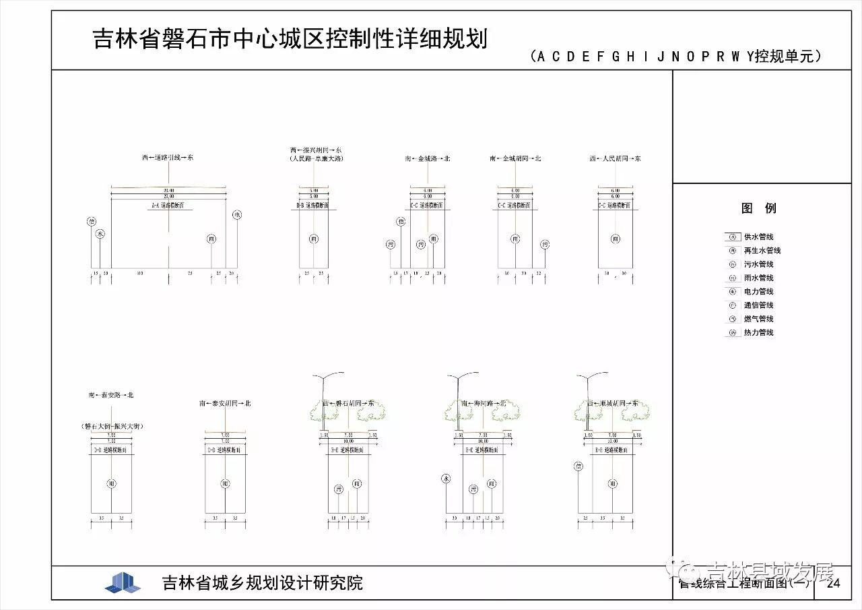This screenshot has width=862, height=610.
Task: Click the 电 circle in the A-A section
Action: (x=237, y=215)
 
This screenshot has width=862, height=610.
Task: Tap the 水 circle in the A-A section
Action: (x=100, y=234)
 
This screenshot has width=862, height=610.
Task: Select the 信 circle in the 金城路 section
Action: (x=401, y=221)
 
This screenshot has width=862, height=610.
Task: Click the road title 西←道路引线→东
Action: (x=168, y=158)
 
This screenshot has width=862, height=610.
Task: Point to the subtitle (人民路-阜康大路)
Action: (x=316, y=159)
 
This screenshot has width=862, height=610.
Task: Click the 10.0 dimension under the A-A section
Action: (x=139, y=273)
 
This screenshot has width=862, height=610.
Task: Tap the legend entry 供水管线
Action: (x=758, y=237)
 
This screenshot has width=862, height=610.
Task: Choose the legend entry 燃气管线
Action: (x=758, y=319)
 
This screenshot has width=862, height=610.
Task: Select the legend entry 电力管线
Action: (x=758, y=292)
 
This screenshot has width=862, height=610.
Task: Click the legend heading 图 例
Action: (x=759, y=208)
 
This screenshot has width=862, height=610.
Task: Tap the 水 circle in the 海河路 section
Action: (x=445, y=478)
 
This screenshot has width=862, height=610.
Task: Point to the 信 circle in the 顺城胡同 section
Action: (x=578, y=466)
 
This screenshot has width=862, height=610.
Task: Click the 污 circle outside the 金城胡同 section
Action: (x=545, y=244)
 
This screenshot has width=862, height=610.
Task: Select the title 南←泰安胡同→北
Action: (x=225, y=403)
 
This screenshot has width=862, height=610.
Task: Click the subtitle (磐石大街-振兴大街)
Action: (x=111, y=426)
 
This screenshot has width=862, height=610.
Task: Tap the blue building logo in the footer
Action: (x=123, y=582)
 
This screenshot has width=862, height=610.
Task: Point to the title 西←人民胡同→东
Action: (x=615, y=158)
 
